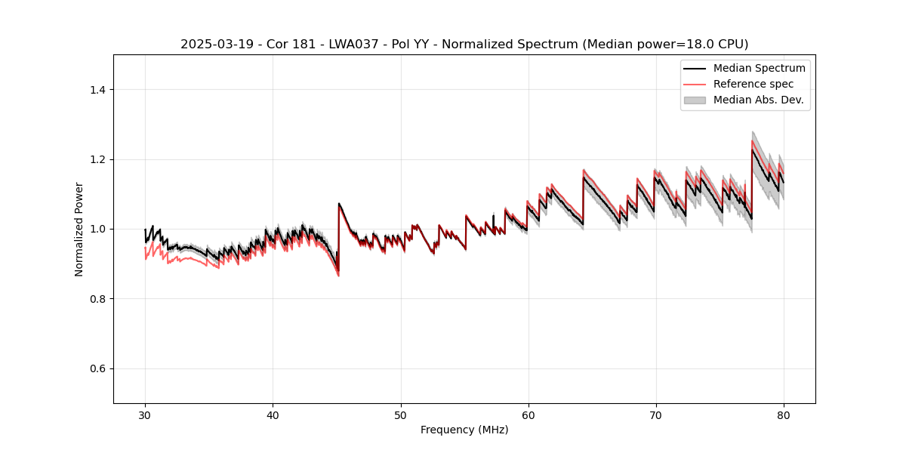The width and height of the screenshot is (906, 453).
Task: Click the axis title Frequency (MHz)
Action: tap(464, 430)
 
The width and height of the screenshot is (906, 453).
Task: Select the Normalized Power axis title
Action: tap(79, 229)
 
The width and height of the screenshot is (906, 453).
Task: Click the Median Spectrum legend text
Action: tap(759, 68)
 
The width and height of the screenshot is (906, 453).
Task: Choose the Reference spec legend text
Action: tap(753, 84)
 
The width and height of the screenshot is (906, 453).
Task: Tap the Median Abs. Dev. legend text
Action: tap(759, 100)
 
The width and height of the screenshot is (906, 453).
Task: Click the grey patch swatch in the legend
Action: tap(695, 100)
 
